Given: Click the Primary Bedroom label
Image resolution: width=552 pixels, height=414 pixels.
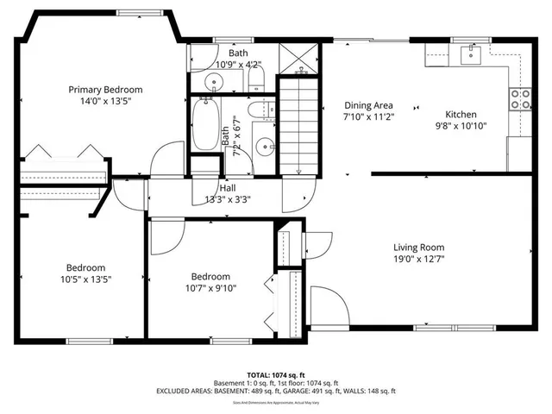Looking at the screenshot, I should [x=105, y=89].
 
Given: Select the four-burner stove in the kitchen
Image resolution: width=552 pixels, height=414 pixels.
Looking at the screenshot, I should [x=520, y=98].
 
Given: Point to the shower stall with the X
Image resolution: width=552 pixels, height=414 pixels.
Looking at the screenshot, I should [x=298, y=60].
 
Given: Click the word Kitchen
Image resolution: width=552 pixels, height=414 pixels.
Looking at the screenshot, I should [x=461, y=114].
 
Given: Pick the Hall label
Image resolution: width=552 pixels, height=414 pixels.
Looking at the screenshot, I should [x=228, y=188].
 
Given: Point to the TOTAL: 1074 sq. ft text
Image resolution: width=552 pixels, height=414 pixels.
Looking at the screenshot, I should [x=275, y=375].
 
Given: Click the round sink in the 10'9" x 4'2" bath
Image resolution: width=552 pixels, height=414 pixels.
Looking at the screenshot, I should [x=213, y=82].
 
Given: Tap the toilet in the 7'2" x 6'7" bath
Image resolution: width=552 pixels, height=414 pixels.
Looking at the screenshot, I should [x=255, y=112].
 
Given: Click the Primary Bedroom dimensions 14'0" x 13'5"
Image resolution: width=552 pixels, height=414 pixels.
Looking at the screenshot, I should [x=105, y=100].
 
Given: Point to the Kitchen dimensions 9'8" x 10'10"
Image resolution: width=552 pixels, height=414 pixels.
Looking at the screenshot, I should [x=461, y=125].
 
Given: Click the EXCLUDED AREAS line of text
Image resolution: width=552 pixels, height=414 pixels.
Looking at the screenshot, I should [x=275, y=391].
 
